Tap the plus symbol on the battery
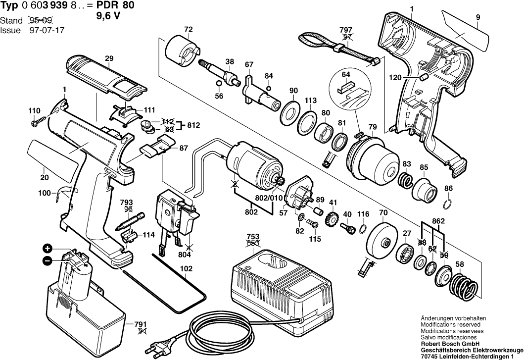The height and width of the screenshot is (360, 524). click(47, 249)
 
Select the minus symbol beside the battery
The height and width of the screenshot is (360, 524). click(47, 260)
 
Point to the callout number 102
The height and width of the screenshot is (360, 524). click(186, 270)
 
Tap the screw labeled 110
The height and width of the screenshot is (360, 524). click(37, 121)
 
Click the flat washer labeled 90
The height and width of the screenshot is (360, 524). click(289, 110)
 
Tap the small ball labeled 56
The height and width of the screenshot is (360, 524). click(219, 96)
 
